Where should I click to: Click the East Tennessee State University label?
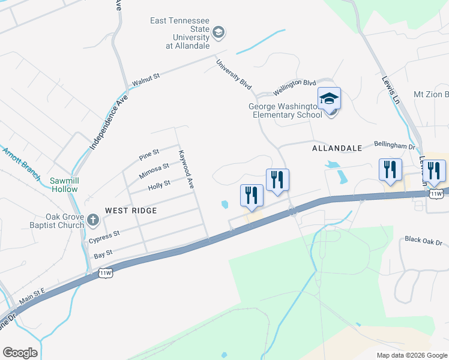tap(179, 34)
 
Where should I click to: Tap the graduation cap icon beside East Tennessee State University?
tap(218, 32)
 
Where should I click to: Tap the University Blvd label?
tap(234, 74)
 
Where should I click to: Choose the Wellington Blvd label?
tap(295, 86)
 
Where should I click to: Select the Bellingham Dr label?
tap(394, 146)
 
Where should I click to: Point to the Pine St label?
tap(148, 155)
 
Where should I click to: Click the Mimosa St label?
tap(154, 170)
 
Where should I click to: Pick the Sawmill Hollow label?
tap(64, 184)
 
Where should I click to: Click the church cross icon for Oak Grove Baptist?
tap(92, 220)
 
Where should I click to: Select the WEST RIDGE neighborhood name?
tap(131, 211)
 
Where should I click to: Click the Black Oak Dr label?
tap(423, 241)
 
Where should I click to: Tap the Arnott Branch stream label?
tap(21, 163)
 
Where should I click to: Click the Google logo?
tap(20, 353)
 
